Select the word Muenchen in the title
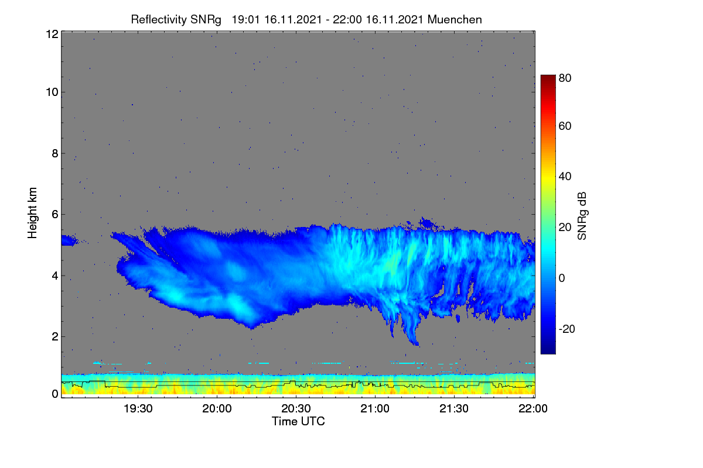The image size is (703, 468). (x=455, y=20)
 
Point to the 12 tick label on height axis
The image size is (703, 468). (x=52, y=34)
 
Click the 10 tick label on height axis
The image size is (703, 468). (x=52, y=92)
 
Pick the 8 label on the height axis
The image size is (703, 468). (x=55, y=153)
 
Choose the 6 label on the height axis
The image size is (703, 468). (x=55, y=215)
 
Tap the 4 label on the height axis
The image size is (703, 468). (x=55, y=276)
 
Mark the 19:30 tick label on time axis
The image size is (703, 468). (x=138, y=408)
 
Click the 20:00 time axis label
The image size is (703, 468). (x=217, y=408)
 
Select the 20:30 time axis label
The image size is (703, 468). (x=296, y=408)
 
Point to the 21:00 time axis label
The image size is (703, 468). (x=375, y=408)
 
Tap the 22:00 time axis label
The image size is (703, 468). (x=533, y=408)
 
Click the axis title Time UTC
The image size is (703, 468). (x=298, y=421)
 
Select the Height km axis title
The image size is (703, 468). (x=32, y=213)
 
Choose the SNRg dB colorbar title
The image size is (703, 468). (x=582, y=216)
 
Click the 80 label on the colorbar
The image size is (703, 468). (x=565, y=78)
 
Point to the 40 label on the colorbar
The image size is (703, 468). (x=565, y=177)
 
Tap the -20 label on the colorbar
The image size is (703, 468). (x=567, y=329)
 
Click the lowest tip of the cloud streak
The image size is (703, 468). (x=417, y=345)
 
